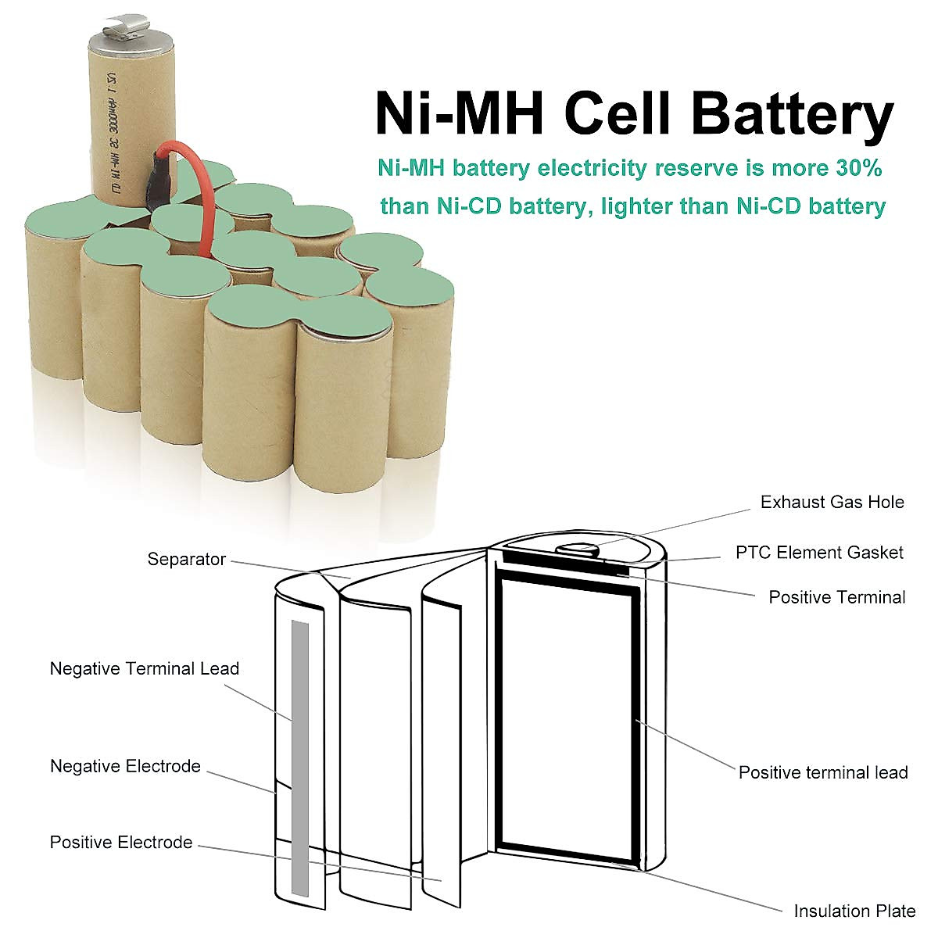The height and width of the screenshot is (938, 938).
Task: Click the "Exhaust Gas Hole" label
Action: pos(832,502)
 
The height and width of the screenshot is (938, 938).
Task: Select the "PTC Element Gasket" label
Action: pos(819,553)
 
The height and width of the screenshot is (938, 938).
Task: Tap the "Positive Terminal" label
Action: pos(836,597)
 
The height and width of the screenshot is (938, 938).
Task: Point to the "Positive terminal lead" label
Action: pos(823,772)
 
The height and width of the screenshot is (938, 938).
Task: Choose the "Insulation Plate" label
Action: pos(854,911)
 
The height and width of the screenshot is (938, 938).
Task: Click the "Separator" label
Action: pos(186,560)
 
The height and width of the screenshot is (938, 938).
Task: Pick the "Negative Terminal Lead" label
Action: pos(144,669)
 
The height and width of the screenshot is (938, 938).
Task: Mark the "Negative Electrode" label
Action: pos(125,766)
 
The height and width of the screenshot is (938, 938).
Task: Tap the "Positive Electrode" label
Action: pos(120,843)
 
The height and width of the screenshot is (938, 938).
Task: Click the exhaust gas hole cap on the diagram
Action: pos(576,549)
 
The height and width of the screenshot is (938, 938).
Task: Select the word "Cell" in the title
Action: pos(618,113)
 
